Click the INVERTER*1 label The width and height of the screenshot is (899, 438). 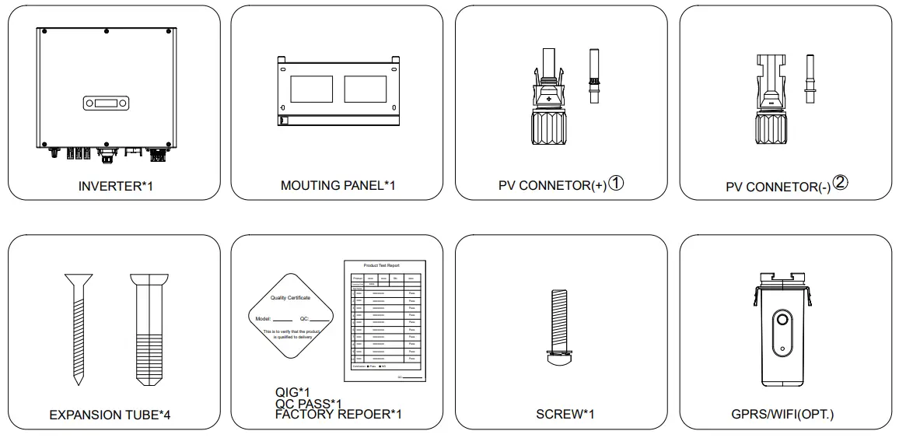coord(114,186)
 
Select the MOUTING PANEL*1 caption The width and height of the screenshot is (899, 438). coord(338,186)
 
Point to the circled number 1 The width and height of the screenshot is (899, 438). coord(617,184)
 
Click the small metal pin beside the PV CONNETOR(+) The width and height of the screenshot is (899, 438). coord(596,76)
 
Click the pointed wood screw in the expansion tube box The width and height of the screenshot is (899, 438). coord(77,327)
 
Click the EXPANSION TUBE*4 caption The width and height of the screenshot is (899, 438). coord(110,415)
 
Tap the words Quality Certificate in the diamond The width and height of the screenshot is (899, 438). coord(290,298)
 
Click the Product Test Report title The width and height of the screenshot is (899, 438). coord(381,265)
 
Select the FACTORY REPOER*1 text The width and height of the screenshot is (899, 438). coord(338,414)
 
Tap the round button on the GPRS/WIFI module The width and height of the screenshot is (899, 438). coord(783,321)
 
